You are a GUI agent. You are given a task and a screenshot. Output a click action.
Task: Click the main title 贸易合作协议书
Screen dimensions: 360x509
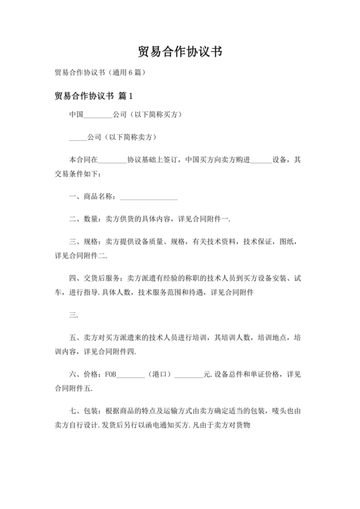coord(180,51)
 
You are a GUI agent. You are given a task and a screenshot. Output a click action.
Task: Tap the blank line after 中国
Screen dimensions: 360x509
coord(99,116)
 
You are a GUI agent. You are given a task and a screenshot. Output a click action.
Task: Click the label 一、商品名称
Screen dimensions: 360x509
coord(91,196)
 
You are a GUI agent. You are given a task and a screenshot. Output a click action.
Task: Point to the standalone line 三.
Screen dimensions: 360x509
coord(73,315)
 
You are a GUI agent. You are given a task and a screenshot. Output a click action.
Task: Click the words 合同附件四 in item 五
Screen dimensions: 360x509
coord(134,351)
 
